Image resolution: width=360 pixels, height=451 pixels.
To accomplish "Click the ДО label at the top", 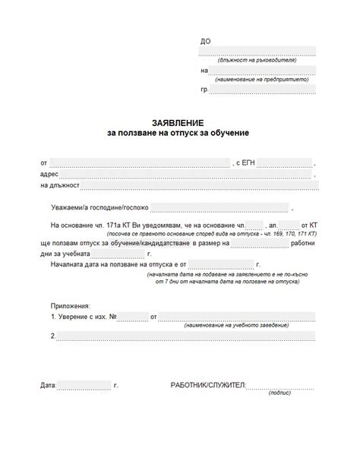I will tap(205, 41).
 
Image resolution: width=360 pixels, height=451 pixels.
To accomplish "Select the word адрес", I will tap(49, 174).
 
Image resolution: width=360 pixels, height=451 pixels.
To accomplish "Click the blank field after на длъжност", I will tap(197, 184).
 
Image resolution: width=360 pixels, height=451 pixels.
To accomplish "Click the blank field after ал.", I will tap(289, 225).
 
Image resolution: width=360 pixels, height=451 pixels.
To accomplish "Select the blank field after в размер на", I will tap(260, 244).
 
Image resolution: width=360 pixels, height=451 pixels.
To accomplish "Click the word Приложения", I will tap(70, 304).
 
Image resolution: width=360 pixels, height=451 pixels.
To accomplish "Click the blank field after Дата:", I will tap(84, 386).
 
